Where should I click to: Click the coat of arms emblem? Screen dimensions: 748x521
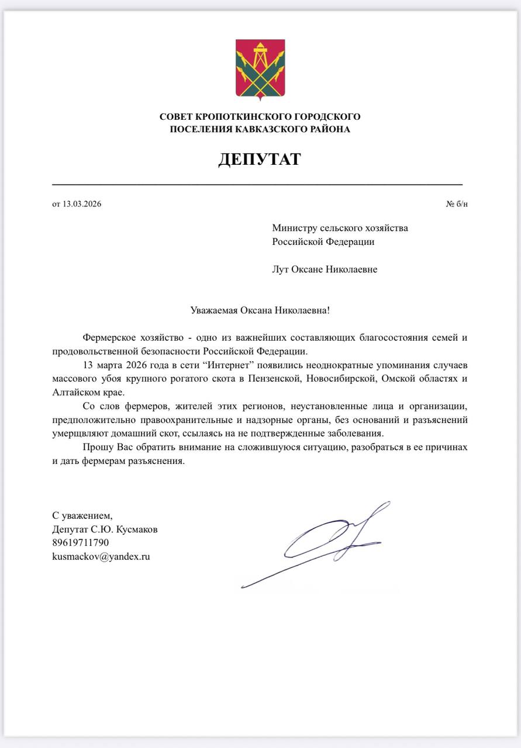coord(260,69)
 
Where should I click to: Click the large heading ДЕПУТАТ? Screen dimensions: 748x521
coord(260,159)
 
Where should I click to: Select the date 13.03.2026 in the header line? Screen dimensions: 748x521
coord(81,204)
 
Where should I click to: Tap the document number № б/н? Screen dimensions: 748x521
coord(457,204)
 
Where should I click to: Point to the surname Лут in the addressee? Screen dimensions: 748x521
coord(281,269)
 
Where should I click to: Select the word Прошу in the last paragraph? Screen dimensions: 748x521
coord(95,446)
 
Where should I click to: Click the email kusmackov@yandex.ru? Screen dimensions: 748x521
coord(101,557)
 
